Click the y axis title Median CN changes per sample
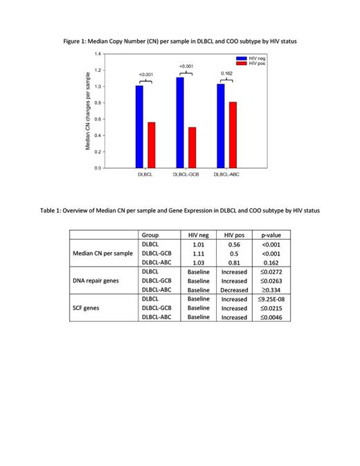point(88,110)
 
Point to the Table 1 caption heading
point(180,210)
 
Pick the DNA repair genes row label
point(103,281)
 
